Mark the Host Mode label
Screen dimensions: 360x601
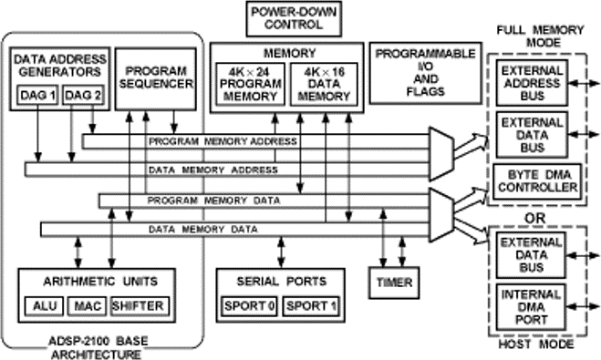tap(539, 346)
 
